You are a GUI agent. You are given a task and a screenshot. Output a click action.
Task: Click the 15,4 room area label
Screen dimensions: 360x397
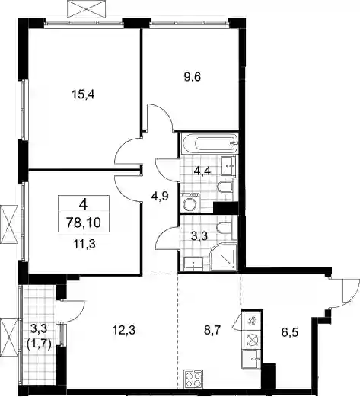tap(83, 95)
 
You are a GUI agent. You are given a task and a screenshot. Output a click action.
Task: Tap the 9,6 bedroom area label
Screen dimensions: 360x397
tap(193, 76)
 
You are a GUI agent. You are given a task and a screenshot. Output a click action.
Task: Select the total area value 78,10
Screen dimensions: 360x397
tap(84, 223)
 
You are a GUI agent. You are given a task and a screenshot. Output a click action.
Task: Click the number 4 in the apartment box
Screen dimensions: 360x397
tap(83, 204)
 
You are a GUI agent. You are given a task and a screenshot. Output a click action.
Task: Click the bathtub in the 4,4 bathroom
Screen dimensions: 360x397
tap(209, 143)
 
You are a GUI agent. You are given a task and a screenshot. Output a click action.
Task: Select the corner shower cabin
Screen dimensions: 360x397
tap(224, 257)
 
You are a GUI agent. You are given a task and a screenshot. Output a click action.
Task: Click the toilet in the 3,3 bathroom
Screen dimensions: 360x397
tap(225, 228)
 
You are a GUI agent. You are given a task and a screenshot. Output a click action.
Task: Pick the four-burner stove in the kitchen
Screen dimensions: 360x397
tap(193, 378)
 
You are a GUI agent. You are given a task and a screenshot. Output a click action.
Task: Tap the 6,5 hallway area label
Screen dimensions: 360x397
tap(289, 332)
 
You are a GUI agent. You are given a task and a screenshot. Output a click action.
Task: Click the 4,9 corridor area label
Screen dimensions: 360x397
tap(160, 197)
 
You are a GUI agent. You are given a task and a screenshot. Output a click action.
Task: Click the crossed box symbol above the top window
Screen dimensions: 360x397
tap(87, 9)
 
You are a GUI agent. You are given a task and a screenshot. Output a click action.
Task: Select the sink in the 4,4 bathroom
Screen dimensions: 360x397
tap(228, 165)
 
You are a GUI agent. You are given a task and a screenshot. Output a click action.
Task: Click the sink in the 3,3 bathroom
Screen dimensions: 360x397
tap(193, 264)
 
